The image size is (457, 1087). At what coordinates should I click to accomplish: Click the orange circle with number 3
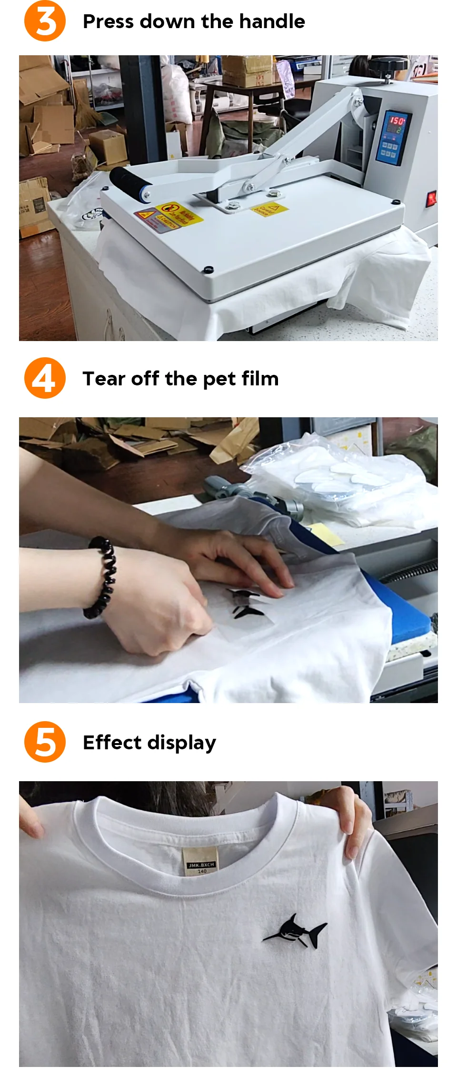pos(45,21)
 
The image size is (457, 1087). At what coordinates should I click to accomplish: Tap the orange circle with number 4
pos(45,378)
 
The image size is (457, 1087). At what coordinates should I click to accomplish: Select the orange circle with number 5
pos(45,742)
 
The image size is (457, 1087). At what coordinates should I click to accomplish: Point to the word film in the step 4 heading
pos(260,379)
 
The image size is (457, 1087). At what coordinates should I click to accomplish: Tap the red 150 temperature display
pos(397,121)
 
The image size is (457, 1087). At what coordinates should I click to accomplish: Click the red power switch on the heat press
pos(431,198)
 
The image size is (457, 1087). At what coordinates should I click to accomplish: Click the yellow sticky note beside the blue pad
pos(327,533)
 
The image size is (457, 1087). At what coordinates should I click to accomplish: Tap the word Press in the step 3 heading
pos(108,21)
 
